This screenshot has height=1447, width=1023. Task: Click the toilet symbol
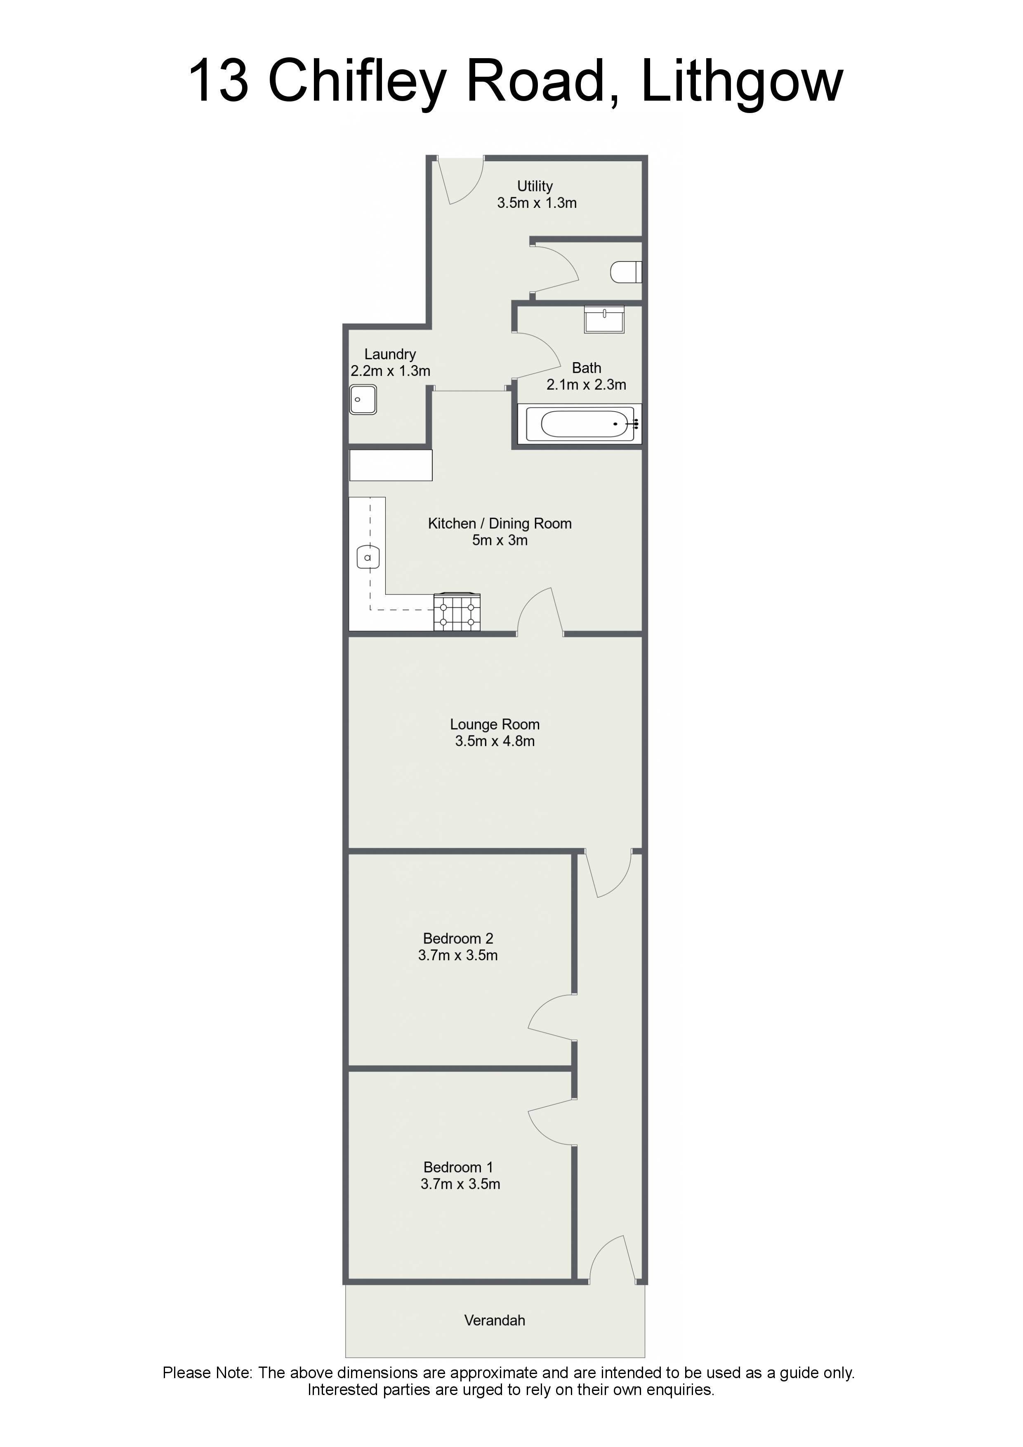(x=627, y=272)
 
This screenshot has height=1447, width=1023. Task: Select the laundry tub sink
(x=363, y=400)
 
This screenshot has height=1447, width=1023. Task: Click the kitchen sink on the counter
(x=368, y=557)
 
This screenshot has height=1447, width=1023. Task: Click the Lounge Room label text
(x=495, y=725)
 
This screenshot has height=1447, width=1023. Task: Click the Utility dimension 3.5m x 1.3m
(x=537, y=203)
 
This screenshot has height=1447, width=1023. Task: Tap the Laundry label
(x=390, y=354)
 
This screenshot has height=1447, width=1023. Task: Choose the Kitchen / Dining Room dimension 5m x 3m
(x=500, y=540)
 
